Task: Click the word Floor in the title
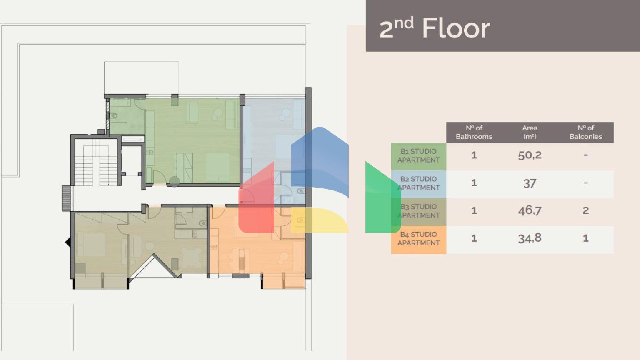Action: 456,29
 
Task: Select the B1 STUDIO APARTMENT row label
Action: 418,156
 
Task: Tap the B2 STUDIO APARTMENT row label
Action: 418,183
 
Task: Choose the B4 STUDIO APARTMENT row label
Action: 418,239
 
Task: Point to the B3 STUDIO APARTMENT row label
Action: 418,211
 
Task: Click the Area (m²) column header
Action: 530,132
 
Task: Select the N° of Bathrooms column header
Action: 474,132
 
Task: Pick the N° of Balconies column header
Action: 585,132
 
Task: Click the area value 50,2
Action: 530,155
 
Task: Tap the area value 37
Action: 530,183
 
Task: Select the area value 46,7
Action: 530,210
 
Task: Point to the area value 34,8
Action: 530,238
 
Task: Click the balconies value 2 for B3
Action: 585,210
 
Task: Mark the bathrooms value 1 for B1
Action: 474,155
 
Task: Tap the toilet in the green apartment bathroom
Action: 113,116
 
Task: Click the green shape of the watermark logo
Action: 382,198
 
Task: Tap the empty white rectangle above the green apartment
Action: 141,77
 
